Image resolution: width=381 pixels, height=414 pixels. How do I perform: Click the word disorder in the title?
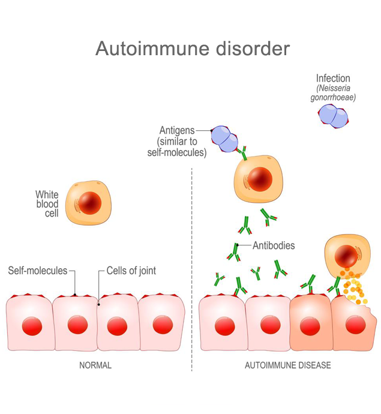point(253,49)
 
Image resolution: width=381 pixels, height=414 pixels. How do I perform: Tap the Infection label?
point(333,79)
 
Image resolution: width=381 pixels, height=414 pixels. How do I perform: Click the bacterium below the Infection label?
point(333,116)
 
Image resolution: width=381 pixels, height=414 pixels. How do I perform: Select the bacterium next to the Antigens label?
point(224,139)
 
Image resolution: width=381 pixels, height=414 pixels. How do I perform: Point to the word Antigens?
point(177,130)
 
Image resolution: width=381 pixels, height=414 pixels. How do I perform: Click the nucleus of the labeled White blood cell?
point(90,203)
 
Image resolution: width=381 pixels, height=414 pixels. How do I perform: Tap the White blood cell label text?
point(47,204)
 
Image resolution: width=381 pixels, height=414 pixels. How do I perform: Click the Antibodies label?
point(274,245)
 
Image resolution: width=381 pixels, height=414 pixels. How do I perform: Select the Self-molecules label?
point(38,271)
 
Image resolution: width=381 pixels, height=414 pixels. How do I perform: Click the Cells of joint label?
point(131,271)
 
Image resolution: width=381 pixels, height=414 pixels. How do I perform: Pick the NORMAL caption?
point(95,365)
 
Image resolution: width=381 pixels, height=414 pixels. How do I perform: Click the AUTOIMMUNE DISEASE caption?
point(288,365)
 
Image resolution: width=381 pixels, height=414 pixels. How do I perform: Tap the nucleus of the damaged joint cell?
point(356,325)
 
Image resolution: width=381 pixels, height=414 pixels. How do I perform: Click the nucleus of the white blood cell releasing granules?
point(346,256)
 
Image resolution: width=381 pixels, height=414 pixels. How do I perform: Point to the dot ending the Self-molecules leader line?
point(75,295)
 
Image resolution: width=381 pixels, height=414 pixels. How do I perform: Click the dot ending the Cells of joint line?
point(99,304)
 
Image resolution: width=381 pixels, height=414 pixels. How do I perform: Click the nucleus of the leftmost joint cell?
point(32,326)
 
